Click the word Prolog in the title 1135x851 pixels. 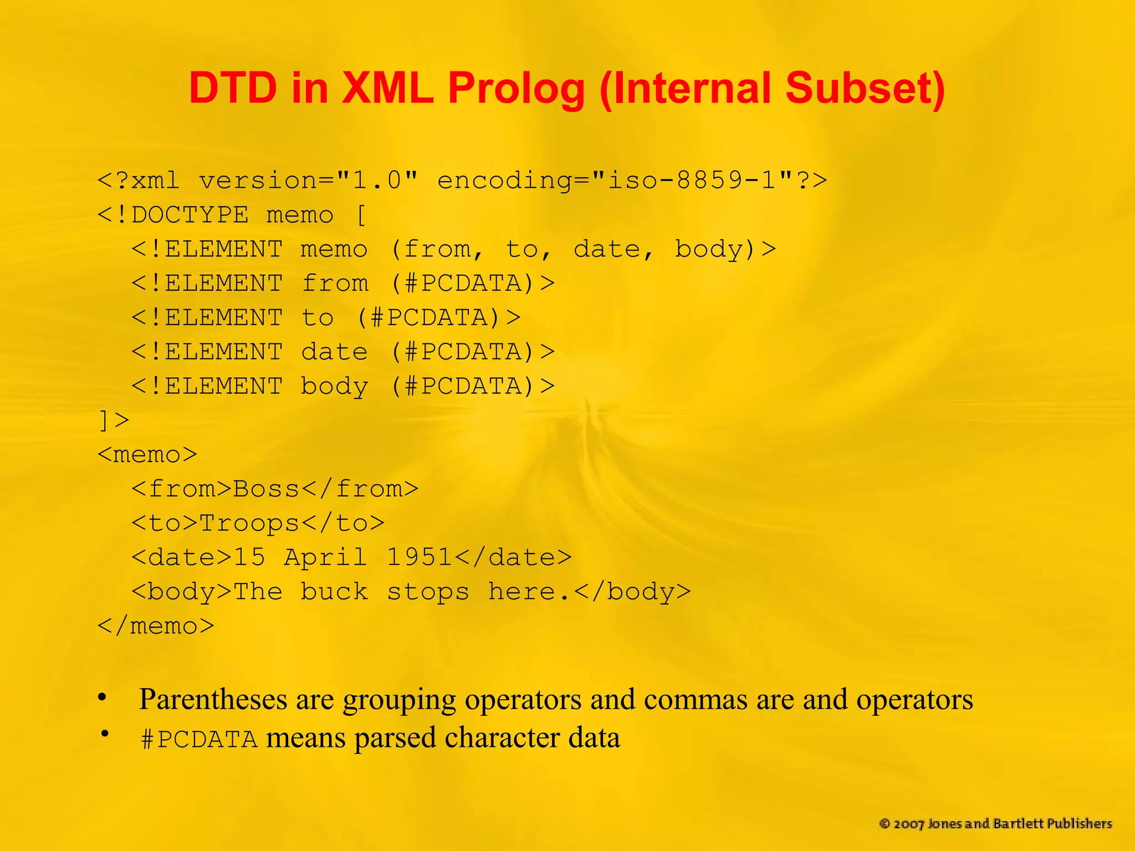(515, 89)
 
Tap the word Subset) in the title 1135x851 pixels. (865, 89)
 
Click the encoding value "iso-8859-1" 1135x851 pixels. (692, 181)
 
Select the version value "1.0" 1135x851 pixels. (377, 181)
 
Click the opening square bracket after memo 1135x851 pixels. (361, 215)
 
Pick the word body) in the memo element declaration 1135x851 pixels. (715, 249)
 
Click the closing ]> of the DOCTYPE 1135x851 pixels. (114, 420)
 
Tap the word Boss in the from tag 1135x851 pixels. (266, 489)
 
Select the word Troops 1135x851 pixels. (249, 523)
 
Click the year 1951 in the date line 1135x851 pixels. (419, 557)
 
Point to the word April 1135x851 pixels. (325, 557)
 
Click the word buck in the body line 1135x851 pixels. (334, 592)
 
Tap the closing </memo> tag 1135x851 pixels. (156, 626)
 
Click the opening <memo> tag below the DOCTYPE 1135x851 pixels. (147, 455)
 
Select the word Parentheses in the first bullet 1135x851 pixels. (213, 699)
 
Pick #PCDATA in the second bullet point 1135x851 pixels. (200, 739)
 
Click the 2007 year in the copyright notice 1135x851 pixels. (908, 824)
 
